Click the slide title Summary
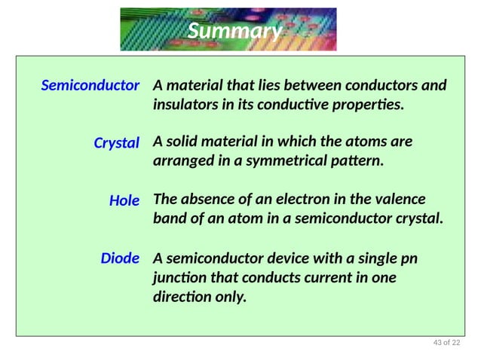pyautogui.click(x=234, y=31)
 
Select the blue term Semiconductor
pyautogui.click(x=90, y=85)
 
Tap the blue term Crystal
pyautogui.click(x=116, y=142)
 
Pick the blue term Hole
pyautogui.click(x=124, y=200)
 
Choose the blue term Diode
pyautogui.click(x=120, y=258)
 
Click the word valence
pyautogui.click(x=397, y=200)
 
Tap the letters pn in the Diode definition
pyautogui.click(x=409, y=258)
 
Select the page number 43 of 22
pyautogui.click(x=446, y=343)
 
